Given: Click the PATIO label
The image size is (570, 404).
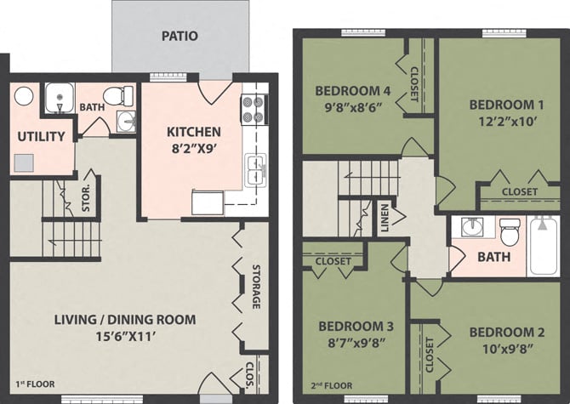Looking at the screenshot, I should (180, 37).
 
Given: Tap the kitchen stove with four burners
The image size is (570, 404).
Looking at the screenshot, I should (254, 108).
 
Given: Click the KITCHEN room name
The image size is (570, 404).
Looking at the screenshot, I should (193, 132).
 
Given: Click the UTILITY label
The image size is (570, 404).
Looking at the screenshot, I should (41, 136).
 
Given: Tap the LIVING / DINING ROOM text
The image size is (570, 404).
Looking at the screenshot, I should (125, 320).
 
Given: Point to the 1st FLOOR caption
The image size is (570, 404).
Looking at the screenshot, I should (35, 384).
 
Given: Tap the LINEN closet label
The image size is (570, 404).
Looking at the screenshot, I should (385, 218).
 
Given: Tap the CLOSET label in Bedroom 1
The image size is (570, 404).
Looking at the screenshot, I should (519, 192).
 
